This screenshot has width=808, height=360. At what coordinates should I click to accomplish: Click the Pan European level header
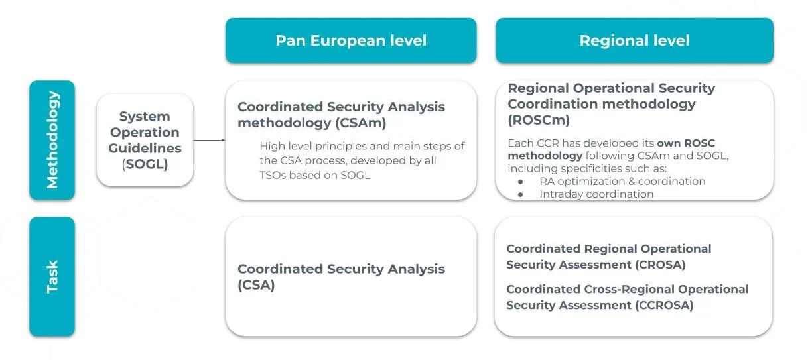tap(351, 40)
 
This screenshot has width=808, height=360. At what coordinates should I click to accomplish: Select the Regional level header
tap(634, 40)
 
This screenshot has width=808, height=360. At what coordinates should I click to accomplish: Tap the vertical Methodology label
tap(52, 139)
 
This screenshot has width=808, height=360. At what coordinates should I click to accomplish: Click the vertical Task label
tap(52, 276)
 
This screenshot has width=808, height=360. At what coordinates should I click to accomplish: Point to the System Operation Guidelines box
tap(145, 140)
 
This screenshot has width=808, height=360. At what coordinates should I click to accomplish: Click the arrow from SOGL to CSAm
tap(209, 140)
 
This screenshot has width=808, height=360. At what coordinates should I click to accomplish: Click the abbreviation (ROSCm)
tap(539, 120)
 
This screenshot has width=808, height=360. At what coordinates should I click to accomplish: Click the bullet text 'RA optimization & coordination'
tap(622, 181)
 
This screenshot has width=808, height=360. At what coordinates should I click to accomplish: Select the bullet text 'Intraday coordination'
tap(596, 194)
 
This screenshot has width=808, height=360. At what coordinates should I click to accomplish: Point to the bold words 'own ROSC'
tap(686, 143)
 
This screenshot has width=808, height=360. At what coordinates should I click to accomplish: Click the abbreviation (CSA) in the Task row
tap(256, 285)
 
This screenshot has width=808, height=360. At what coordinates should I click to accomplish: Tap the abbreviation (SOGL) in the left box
tap(145, 164)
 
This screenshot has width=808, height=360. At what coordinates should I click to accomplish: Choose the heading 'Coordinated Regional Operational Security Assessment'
tap(608, 257)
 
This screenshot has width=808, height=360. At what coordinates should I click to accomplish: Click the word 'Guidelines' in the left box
tap(145, 149)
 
